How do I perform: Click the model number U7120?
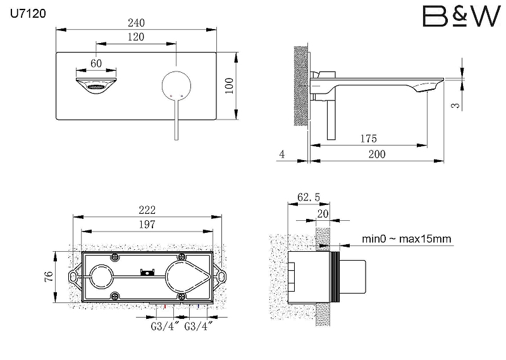pyautogui.click(x=28, y=13)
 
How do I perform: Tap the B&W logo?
pyautogui.click(x=462, y=16)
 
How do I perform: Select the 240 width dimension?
pyautogui.click(x=136, y=23)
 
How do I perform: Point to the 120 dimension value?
pyautogui.click(x=136, y=37)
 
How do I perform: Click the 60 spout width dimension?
pyautogui.click(x=96, y=63)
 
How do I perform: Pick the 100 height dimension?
pyautogui.click(x=229, y=85)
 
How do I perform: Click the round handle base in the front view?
pyautogui.click(x=176, y=85)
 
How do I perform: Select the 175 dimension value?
pyautogui.click(x=369, y=139)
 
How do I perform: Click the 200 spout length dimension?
pyautogui.click(x=377, y=154)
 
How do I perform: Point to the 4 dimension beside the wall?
pyautogui.click(x=282, y=154)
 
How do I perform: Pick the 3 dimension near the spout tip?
pyautogui.click(x=455, y=105)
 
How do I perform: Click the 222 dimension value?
pyautogui.click(x=147, y=210)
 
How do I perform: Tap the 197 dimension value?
pyautogui.click(x=147, y=225)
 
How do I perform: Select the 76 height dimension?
pyautogui.click(x=49, y=276)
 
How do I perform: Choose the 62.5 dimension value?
pyautogui.click(x=309, y=197)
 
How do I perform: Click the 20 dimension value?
pyautogui.click(x=323, y=214)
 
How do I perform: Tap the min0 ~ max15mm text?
pyautogui.click(x=406, y=239)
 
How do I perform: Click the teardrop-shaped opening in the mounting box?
pyautogui.click(x=188, y=276)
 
